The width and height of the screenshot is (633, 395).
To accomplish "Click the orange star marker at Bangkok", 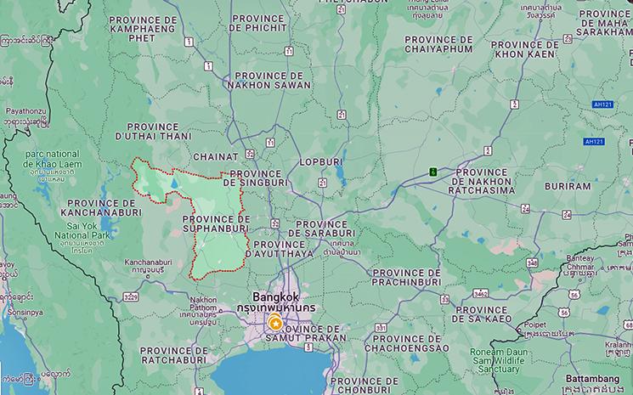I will point(275,323).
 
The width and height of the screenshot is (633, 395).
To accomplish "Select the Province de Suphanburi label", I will point(216,223).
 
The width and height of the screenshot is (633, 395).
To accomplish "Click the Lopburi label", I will point(319,161).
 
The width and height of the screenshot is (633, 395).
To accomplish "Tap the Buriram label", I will point(568,185).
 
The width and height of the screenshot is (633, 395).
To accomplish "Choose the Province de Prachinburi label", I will point(404,277).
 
